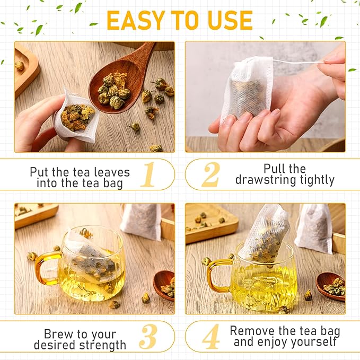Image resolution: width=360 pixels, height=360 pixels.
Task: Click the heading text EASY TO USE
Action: click(180, 20)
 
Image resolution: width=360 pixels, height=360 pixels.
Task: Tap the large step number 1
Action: click(148, 174)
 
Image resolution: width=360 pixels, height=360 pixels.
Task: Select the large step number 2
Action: click(211, 174)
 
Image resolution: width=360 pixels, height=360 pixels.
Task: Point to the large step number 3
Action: click(148, 337)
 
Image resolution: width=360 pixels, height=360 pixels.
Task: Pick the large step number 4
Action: click(210, 337)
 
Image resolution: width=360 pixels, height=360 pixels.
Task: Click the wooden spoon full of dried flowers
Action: click(119, 85)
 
